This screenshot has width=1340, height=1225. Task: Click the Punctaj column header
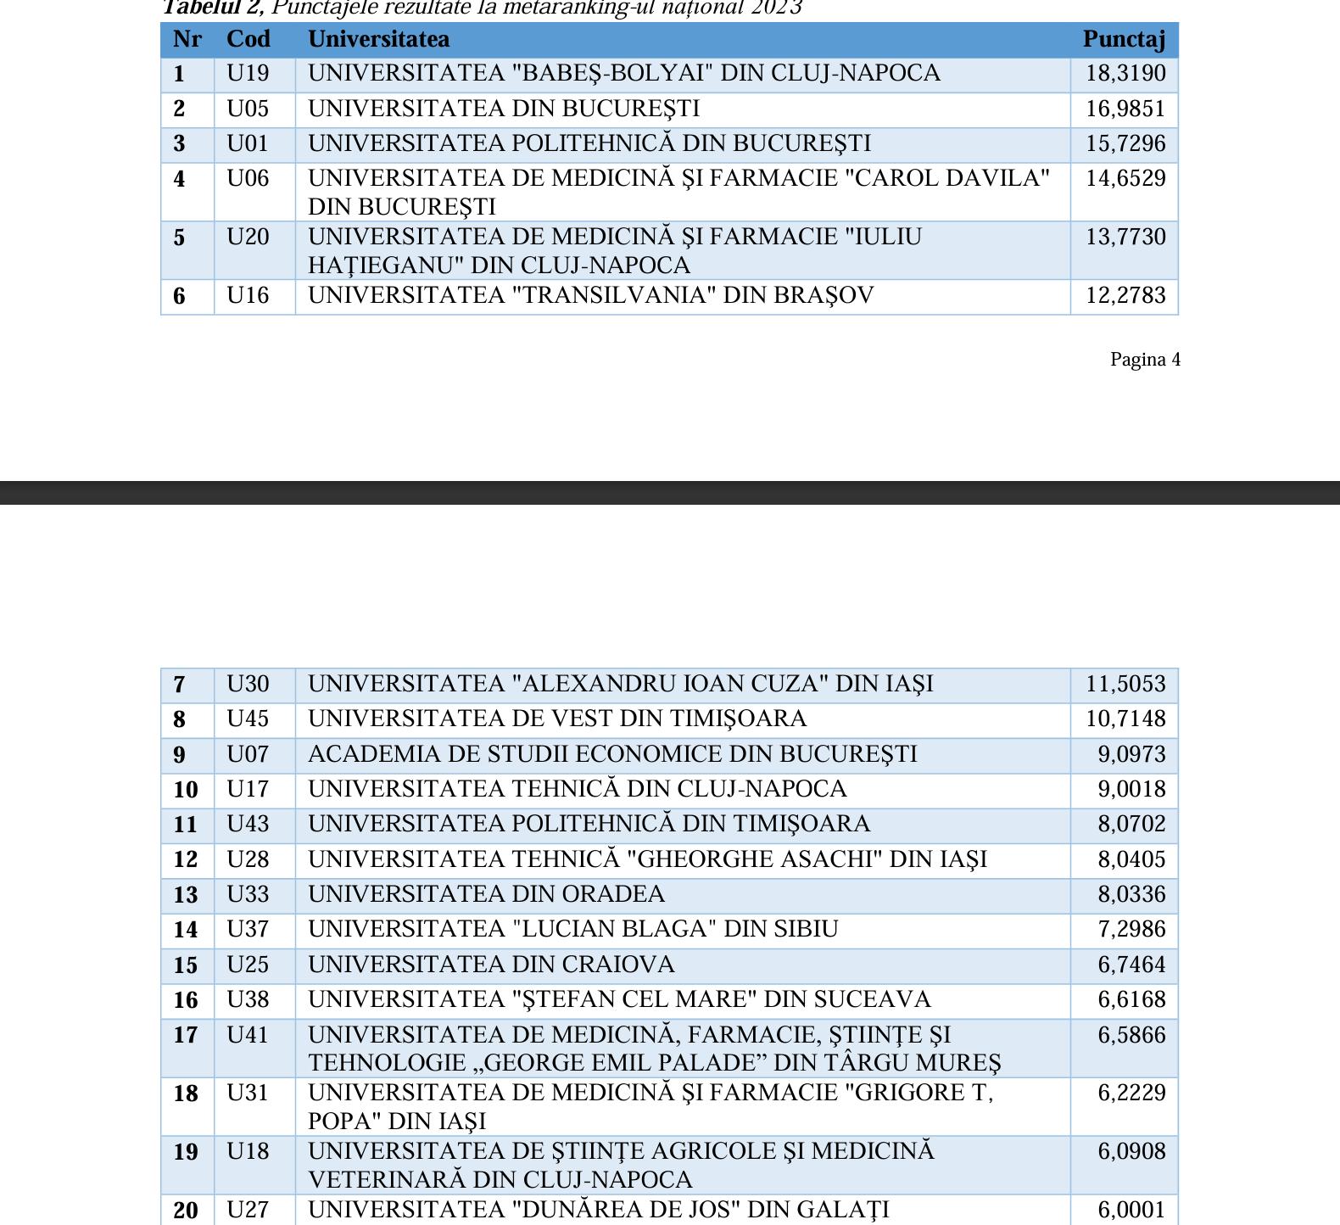click(x=1124, y=39)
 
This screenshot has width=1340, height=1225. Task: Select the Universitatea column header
click(x=378, y=39)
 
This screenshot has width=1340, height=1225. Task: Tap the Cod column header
click(x=248, y=39)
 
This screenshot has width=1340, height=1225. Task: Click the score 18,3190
click(x=1125, y=74)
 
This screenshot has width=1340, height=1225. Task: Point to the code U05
click(x=248, y=109)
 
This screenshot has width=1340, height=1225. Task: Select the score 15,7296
click(x=1125, y=144)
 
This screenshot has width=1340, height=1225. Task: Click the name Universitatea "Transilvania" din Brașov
click(x=590, y=296)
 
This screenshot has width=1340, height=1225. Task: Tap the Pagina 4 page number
click(x=1145, y=360)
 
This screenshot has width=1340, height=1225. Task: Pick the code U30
click(x=248, y=685)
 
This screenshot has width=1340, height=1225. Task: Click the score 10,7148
click(x=1125, y=719)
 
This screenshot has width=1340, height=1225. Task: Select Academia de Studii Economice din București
click(x=612, y=755)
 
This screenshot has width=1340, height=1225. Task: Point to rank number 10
click(x=186, y=790)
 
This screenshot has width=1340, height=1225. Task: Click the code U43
click(x=248, y=825)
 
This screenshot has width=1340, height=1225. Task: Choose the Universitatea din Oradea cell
click(x=486, y=895)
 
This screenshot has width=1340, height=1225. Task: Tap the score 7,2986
click(x=1131, y=930)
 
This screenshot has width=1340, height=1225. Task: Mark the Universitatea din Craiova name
click(x=491, y=965)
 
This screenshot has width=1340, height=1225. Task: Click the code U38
click(x=248, y=1000)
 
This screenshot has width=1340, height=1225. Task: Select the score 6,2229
click(x=1131, y=1094)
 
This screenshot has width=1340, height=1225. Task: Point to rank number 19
click(x=186, y=1152)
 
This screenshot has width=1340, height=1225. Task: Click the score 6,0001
click(x=1131, y=1211)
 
